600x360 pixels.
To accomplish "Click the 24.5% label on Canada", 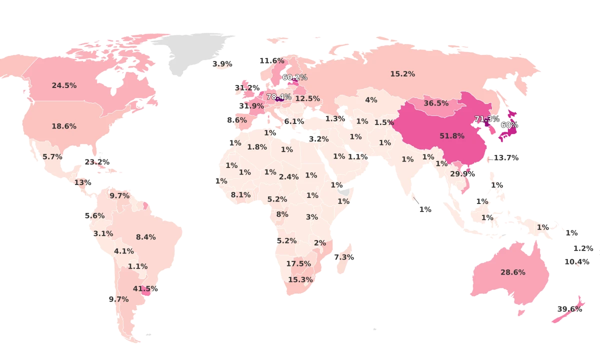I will click(x=64, y=85).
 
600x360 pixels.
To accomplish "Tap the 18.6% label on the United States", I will click(x=64, y=126).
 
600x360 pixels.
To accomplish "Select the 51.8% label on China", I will click(x=452, y=135).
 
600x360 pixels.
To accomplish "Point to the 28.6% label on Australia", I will click(x=513, y=272).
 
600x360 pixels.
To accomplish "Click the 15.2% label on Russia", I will click(x=402, y=74).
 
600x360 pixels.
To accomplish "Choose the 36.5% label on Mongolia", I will click(x=436, y=103).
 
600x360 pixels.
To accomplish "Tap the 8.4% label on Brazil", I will click(x=145, y=237).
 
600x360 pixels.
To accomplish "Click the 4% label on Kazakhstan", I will click(x=371, y=100).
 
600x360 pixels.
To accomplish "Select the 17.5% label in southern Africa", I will click(x=298, y=263).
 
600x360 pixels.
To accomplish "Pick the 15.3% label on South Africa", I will click(x=300, y=279).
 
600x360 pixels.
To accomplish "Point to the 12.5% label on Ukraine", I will click(x=307, y=98).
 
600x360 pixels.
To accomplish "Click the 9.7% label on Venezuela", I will click(x=119, y=195).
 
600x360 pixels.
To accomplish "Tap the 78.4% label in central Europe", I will click(x=279, y=96).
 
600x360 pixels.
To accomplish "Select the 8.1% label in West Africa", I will click(x=240, y=195).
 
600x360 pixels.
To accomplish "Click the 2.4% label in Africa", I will click(x=288, y=176).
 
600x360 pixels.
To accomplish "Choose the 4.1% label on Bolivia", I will click(x=123, y=251).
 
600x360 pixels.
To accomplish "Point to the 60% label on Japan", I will click(x=509, y=124).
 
